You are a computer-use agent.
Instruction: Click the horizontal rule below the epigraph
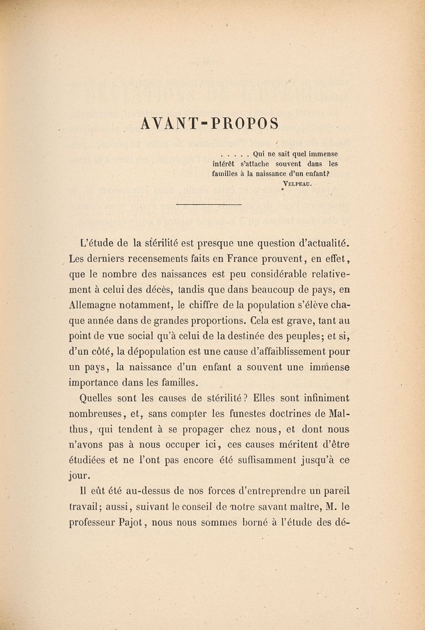[x=208, y=204]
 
